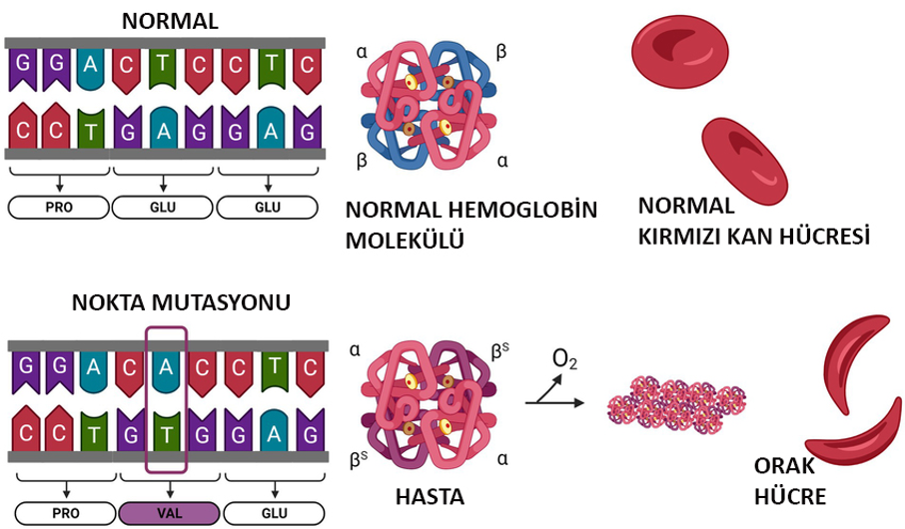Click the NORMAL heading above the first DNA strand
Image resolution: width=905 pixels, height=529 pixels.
point(170,21)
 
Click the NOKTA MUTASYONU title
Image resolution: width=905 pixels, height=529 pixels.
point(181,302)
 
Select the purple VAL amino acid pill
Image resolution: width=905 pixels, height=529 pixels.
point(169,513)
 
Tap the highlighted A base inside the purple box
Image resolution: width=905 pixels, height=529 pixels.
point(166,372)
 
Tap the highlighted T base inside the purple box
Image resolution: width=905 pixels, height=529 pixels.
point(166,431)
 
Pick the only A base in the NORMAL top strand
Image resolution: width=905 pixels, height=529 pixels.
point(90,69)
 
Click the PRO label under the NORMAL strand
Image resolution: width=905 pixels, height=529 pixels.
point(58,207)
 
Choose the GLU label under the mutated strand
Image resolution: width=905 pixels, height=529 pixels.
point(274,513)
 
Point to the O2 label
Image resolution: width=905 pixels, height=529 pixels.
point(564,359)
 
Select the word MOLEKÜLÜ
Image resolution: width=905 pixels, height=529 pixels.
point(405,241)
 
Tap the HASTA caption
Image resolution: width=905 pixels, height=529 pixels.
point(430,497)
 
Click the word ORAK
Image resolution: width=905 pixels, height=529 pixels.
point(784,465)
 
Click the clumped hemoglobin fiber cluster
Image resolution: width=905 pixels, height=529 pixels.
point(677,404)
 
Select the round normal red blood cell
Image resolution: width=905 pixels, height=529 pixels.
point(680,52)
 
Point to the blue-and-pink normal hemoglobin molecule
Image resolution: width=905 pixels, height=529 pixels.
point(429,106)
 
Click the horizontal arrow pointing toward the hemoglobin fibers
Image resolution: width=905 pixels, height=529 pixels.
point(554,402)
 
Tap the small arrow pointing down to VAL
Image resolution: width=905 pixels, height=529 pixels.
point(170,490)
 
